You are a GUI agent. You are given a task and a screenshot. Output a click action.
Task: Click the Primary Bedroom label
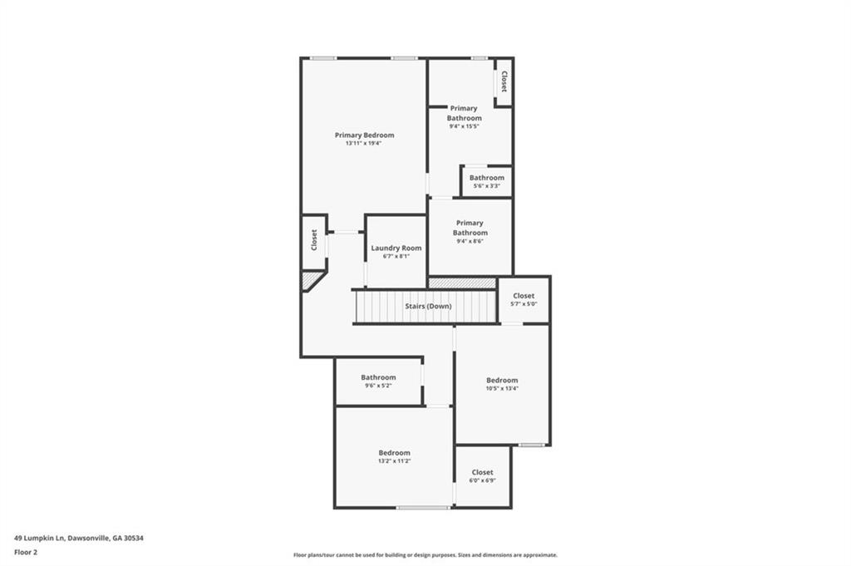click(x=364, y=135)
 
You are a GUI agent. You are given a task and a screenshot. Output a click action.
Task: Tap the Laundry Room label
click(x=396, y=248)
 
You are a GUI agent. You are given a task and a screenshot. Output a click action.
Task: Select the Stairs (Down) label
click(x=428, y=306)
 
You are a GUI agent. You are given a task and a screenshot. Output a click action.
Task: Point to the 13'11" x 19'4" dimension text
click(x=364, y=144)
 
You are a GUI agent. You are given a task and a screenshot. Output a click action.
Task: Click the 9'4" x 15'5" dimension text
click(x=464, y=126)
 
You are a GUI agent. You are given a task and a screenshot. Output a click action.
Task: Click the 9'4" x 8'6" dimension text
click(x=470, y=242)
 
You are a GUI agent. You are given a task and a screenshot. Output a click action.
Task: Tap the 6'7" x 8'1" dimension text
click(x=396, y=256)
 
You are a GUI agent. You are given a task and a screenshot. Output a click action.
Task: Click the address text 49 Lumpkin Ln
click(x=39, y=539)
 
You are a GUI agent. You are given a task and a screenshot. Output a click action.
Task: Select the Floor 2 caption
click(x=26, y=553)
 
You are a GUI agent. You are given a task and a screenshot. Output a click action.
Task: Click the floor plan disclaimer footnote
click(x=425, y=555)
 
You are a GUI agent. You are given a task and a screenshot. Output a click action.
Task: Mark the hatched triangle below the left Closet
click(x=310, y=280)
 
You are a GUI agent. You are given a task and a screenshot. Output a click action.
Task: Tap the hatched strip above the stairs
click(x=462, y=283)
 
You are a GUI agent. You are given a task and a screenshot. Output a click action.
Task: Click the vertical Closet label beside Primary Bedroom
click(x=314, y=240)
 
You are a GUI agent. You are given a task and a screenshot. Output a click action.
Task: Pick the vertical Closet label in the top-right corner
click(x=504, y=81)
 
